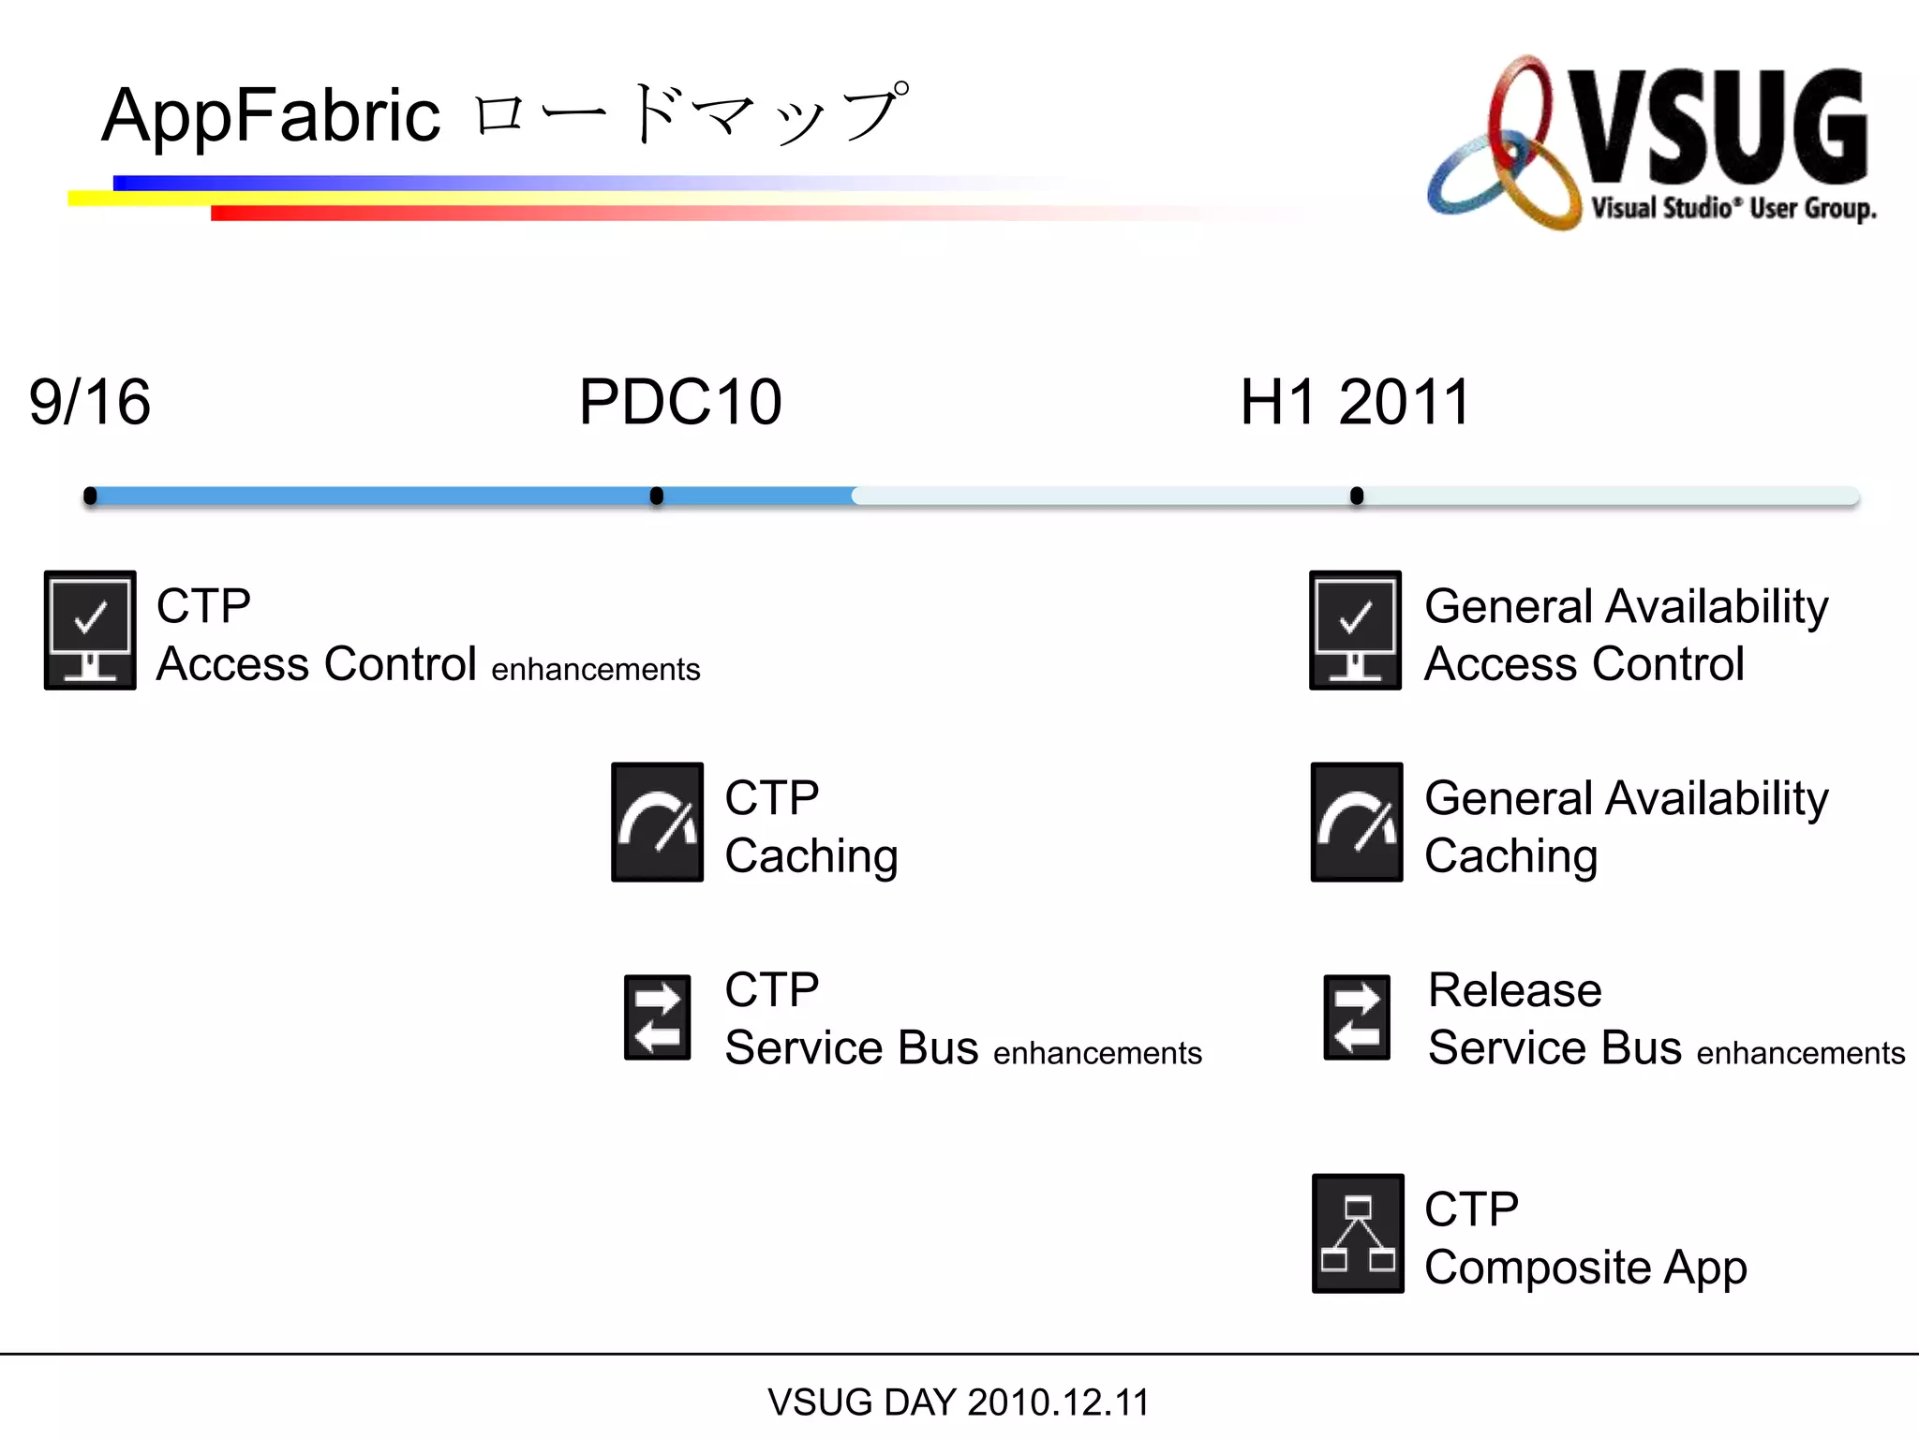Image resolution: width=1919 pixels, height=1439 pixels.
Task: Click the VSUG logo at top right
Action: pyautogui.click(x=1651, y=142)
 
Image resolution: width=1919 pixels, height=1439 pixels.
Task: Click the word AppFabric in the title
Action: pyautogui.click(x=271, y=115)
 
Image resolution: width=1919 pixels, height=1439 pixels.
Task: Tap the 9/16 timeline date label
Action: pyautogui.click(x=90, y=402)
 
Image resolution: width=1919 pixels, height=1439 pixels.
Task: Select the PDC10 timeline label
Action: pyautogui.click(x=680, y=402)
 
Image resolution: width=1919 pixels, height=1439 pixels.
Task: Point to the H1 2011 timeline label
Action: pyautogui.click(x=1355, y=402)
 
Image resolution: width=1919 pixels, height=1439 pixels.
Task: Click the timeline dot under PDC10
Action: pyautogui.click(x=657, y=496)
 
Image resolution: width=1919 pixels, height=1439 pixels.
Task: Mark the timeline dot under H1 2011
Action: pyautogui.click(x=1356, y=496)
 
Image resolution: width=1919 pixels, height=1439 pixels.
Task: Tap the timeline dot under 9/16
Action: pyautogui.click(x=90, y=496)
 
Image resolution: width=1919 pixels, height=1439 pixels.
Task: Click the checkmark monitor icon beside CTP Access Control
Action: pyautogui.click(x=90, y=630)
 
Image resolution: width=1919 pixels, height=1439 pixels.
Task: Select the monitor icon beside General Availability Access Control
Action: pyautogui.click(x=1355, y=630)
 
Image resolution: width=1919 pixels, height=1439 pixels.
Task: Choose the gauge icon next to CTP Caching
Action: pyautogui.click(x=657, y=822)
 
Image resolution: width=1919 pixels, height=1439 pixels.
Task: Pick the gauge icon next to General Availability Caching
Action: pyautogui.click(x=1356, y=822)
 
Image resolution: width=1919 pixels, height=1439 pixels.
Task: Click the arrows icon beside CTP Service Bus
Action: pyautogui.click(x=657, y=1017)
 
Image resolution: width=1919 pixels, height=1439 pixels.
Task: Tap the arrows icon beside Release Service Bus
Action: pyautogui.click(x=1356, y=1017)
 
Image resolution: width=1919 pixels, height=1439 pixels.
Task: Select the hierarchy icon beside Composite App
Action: pyautogui.click(x=1357, y=1233)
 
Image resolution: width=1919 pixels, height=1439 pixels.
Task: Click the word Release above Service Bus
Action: pyautogui.click(x=1514, y=990)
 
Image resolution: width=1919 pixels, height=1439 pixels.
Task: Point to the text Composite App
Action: pyautogui.click(x=1585, y=1268)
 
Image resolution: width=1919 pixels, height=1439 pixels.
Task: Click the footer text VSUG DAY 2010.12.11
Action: pyautogui.click(x=958, y=1402)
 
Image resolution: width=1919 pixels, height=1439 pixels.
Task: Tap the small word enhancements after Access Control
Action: pyautogui.click(x=595, y=670)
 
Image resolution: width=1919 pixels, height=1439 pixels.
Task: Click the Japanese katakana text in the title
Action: pyautogui.click(x=690, y=115)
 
